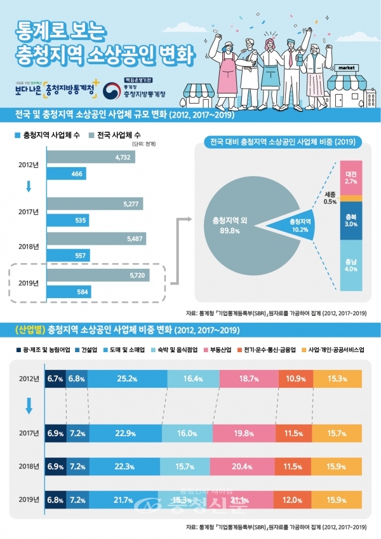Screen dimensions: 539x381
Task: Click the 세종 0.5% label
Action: [330, 198]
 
